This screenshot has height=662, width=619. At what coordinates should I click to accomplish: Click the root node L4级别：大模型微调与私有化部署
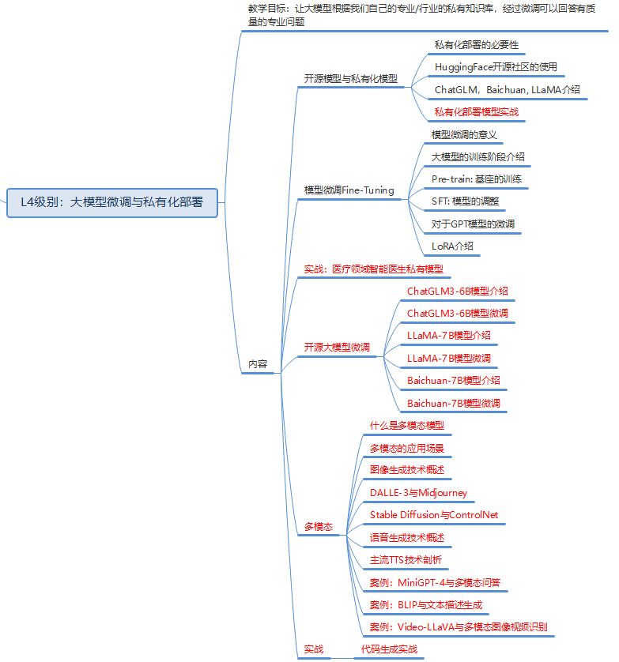(111, 202)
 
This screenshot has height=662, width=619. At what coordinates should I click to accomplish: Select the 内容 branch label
(258, 364)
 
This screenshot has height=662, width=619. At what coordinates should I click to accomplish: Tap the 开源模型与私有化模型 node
(350, 79)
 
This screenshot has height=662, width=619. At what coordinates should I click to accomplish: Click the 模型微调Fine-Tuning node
(349, 190)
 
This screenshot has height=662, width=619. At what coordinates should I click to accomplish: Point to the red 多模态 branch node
(319, 526)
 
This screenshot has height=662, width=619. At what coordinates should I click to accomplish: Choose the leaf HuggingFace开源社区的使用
(496, 67)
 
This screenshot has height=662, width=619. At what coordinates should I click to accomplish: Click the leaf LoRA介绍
(452, 246)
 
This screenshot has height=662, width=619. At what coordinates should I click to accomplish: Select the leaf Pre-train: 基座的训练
(476, 179)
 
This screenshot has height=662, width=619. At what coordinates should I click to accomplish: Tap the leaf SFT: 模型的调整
(465, 201)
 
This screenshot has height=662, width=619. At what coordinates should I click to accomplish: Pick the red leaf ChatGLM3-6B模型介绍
(457, 292)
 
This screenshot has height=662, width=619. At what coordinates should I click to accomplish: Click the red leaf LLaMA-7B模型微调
(448, 359)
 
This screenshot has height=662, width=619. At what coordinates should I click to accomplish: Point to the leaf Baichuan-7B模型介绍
(453, 381)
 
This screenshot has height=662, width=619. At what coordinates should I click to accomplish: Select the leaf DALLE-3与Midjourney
(418, 493)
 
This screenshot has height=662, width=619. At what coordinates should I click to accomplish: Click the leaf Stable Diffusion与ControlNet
(434, 515)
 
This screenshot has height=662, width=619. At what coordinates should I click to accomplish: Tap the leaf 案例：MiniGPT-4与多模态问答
(435, 583)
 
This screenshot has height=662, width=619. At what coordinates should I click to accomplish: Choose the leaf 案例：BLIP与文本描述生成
(425, 605)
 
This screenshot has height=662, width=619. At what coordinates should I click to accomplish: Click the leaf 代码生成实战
(389, 649)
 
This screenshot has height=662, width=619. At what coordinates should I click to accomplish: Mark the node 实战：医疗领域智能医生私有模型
(373, 269)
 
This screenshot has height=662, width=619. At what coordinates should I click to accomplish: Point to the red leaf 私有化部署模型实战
(476, 112)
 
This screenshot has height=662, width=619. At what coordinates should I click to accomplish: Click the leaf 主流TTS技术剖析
(406, 560)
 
